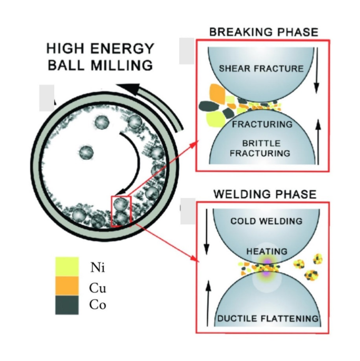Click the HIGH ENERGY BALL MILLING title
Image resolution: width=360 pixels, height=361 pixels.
click(100, 57)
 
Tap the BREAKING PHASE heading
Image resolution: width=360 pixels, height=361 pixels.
click(264, 32)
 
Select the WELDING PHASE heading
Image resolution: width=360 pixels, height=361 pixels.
click(265, 194)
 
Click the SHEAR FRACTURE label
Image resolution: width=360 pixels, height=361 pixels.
click(261, 69)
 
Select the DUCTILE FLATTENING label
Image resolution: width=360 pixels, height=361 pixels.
click(268, 318)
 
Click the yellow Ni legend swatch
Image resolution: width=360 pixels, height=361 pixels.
click(67, 267)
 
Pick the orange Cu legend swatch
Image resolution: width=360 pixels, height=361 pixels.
click(67, 286)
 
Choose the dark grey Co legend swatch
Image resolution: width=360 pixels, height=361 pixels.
click(67, 305)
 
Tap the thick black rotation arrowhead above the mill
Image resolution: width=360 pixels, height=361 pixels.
click(128, 90)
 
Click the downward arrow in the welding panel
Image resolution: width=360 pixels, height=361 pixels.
click(207, 232)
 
